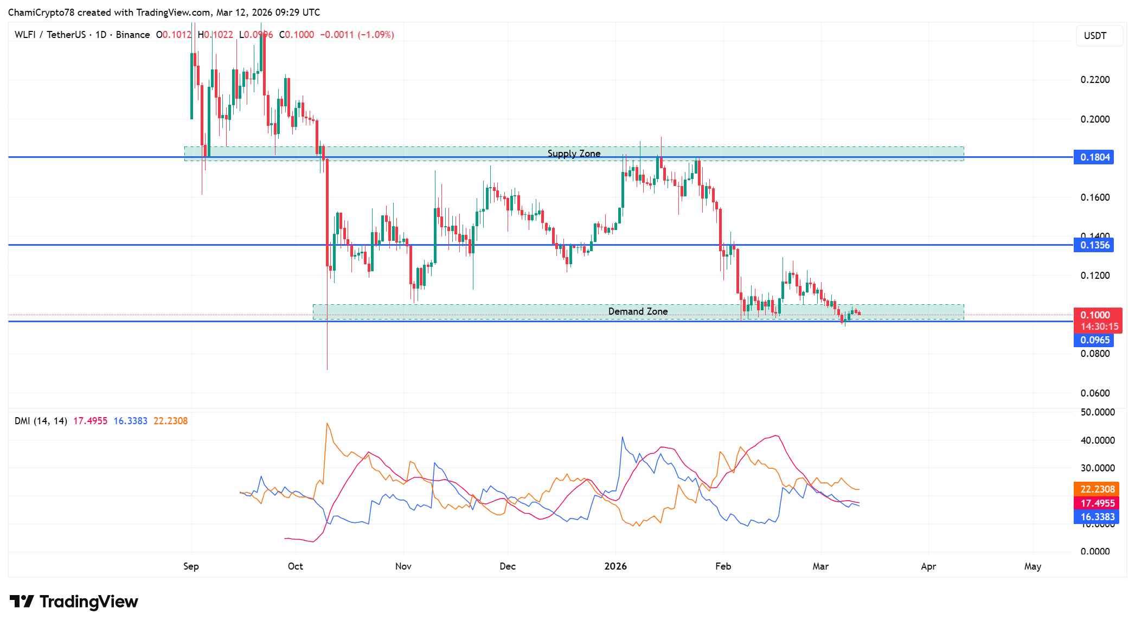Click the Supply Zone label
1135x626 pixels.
coord(574,154)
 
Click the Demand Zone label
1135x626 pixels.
coord(638,311)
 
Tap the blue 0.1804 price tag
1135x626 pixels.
coord(1094,157)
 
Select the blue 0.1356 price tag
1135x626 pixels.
coord(1094,245)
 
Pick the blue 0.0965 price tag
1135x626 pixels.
coord(1094,340)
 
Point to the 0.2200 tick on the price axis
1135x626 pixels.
coord(1095,80)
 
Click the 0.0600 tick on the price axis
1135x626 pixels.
coord(1095,393)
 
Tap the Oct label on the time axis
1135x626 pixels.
coord(296,566)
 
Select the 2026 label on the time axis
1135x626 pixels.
coord(615,566)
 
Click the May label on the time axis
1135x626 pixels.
coord(1033,566)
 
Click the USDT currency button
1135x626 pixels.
coord(1095,36)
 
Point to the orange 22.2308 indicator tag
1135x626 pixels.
coord(1097,489)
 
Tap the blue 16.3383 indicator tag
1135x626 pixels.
coord(1097,517)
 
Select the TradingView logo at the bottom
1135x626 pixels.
coord(74,602)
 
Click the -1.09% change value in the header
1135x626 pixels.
coord(376,35)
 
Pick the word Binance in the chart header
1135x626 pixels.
coord(133,35)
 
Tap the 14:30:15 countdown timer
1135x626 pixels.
coord(1099,327)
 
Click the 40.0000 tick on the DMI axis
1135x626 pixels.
coord(1097,440)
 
